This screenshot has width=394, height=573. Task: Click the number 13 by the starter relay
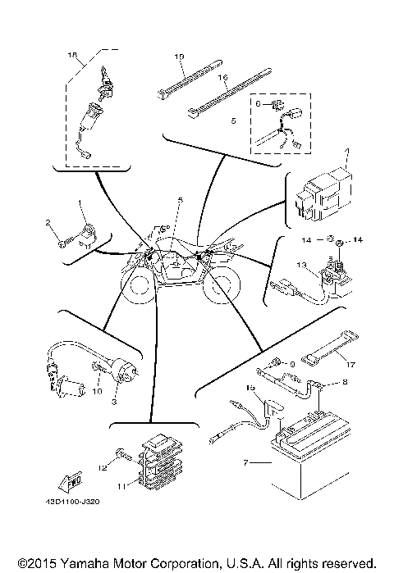[x=301, y=265]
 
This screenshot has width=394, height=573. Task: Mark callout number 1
[x=80, y=202]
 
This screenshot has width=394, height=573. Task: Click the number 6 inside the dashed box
[x=258, y=104]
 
